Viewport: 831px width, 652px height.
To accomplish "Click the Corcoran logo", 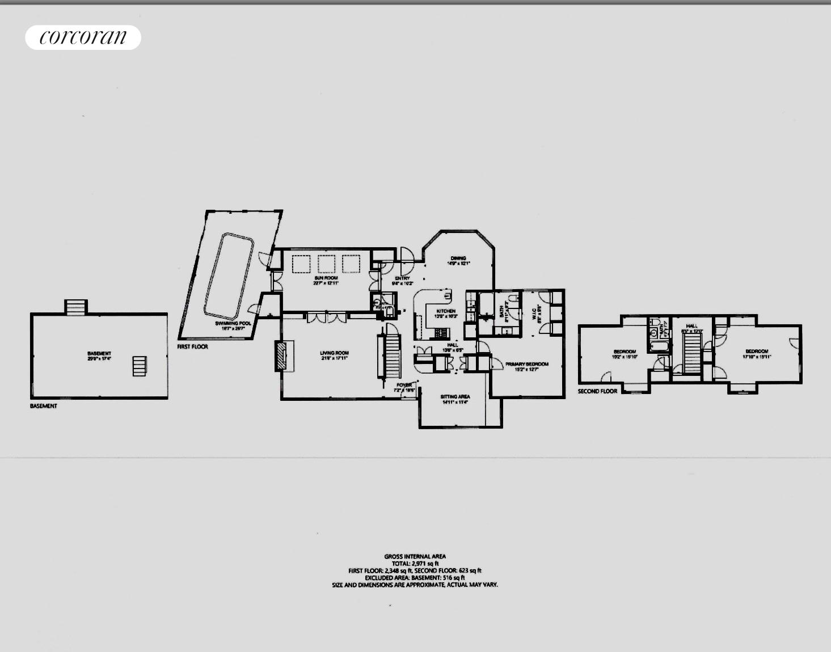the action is coord(83,37).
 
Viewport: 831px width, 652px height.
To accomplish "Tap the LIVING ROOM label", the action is coord(334,353).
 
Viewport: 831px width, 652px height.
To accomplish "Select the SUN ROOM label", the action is coord(326,278).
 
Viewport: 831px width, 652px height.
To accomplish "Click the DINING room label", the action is coord(458,259).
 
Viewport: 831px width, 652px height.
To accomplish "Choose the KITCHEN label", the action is coord(445,311).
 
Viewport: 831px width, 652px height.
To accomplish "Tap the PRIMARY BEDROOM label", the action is coord(527,364).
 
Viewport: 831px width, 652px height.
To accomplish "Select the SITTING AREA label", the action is coord(455,397).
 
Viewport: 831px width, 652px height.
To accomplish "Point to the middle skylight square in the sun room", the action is coord(326,264).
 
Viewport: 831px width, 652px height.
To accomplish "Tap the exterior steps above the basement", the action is coord(75,307).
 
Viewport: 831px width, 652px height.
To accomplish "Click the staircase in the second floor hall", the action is coord(691,353).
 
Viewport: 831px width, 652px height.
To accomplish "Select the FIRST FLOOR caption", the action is coord(192,346).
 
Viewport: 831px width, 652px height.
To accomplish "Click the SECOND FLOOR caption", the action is coord(597,391).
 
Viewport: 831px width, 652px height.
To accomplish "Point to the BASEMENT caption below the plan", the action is coord(44,406).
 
